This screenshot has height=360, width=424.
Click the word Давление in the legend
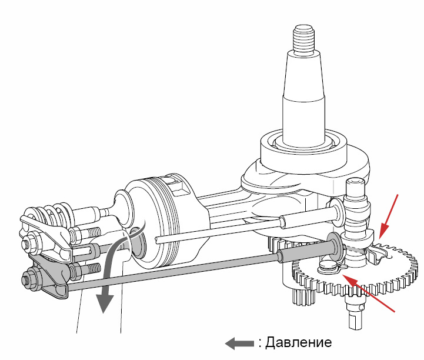298,343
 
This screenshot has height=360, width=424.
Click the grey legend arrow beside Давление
239,344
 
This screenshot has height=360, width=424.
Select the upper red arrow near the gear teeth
389,216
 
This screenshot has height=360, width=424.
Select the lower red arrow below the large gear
369,293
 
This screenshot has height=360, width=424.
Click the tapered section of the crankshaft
303,75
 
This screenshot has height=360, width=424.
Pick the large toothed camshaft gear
354,271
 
